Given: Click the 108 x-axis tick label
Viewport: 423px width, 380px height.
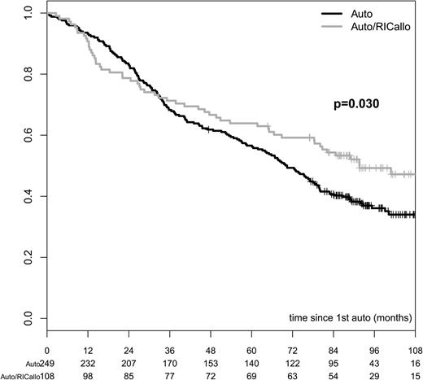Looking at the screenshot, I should pos(414,351).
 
